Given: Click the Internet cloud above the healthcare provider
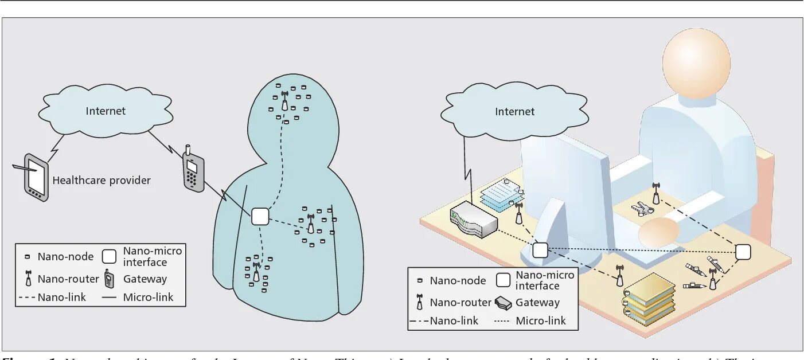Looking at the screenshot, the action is point(106,111).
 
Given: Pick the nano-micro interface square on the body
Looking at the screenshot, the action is point(260,216).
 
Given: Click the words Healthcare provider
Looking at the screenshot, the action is point(102,181).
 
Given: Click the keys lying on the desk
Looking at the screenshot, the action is point(642,209).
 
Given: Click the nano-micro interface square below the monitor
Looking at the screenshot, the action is point(540,250).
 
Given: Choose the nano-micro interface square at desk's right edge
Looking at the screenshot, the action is point(743,252).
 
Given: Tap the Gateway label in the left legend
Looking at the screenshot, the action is point(145,279).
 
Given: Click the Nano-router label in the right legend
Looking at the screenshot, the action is point(460,302).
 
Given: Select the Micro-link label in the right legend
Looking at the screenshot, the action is point(541,320).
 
